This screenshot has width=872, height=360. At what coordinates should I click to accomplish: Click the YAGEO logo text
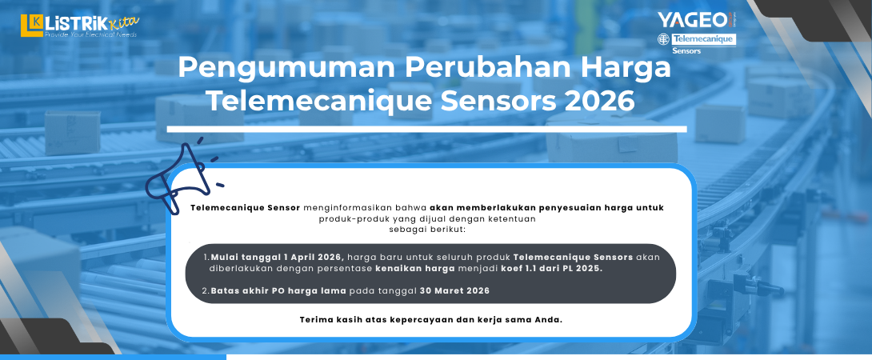(693, 19)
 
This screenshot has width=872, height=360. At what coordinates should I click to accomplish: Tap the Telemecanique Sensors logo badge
(696, 40)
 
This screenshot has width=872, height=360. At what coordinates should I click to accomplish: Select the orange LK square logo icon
(31, 25)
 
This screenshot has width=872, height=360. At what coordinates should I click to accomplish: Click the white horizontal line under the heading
(426, 129)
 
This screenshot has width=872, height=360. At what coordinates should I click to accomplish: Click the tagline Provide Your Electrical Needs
(90, 35)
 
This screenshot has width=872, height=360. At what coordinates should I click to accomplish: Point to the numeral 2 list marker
(205, 290)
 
